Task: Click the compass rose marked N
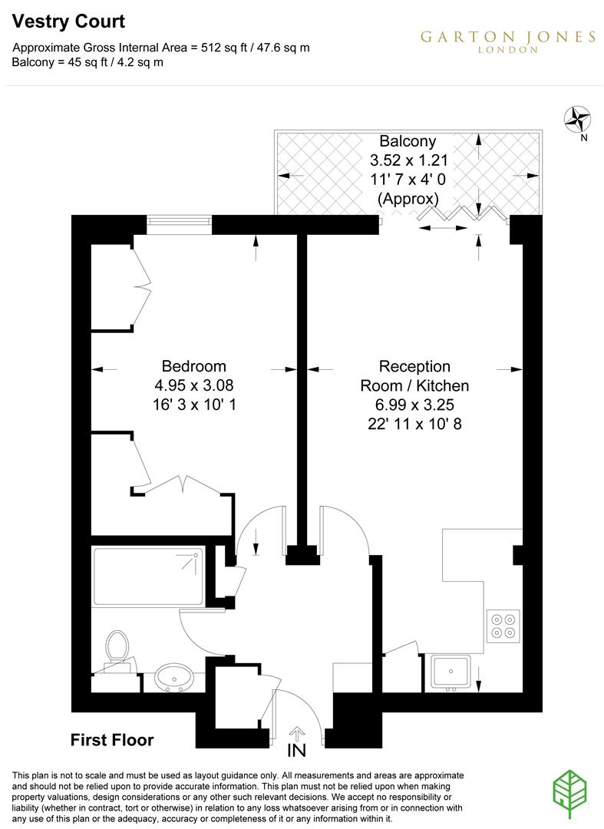pyautogui.click(x=576, y=119)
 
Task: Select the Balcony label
pyautogui.click(x=408, y=141)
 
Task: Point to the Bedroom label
pyautogui.click(x=193, y=365)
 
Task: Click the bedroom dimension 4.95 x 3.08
pyautogui.click(x=193, y=385)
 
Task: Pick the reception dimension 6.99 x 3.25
pyautogui.click(x=414, y=404)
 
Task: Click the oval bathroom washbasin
pyautogui.click(x=174, y=678)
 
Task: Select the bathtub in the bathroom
pyautogui.click(x=147, y=577)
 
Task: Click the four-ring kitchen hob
pyautogui.click(x=503, y=626)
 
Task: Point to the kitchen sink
pyautogui.click(x=451, y=673)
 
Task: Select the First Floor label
pyautogui.click(x=112, y=741)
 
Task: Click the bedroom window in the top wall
pyautogui.click(x=178, y=223)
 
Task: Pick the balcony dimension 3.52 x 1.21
pyautogui.click(x=408, y=161)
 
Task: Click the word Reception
pyautogui.click(x=414, y=366)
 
